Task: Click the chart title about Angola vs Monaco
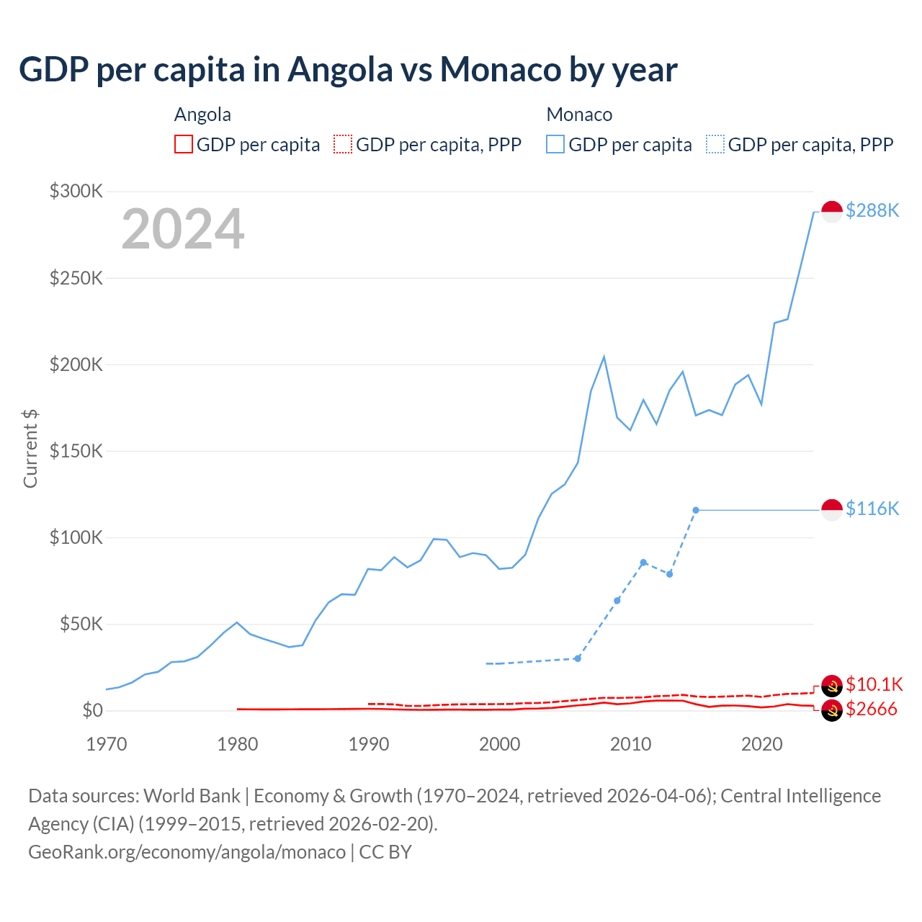pos(348,70)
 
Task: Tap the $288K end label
pos(872,210)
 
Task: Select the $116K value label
pos(872,509)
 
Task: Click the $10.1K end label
pos(874,684)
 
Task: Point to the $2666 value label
pos(872,709)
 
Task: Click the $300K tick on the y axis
pos(76,191)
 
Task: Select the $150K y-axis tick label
pos(76,451)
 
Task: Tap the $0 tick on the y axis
pos(92,710)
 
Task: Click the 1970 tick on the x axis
pos(107,744)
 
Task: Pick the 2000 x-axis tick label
pos(500,744)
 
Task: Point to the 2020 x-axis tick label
pos(762,744)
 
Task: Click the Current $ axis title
pos(30,448)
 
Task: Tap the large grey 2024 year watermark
pos(183,230)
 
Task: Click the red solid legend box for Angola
pos(184,144)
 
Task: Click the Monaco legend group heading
pos(579,115)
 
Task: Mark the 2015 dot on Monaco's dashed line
pos(696,510)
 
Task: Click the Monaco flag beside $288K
pos(832,212)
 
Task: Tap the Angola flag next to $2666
pos(832,710)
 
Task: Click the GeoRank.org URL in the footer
pos(187,851)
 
